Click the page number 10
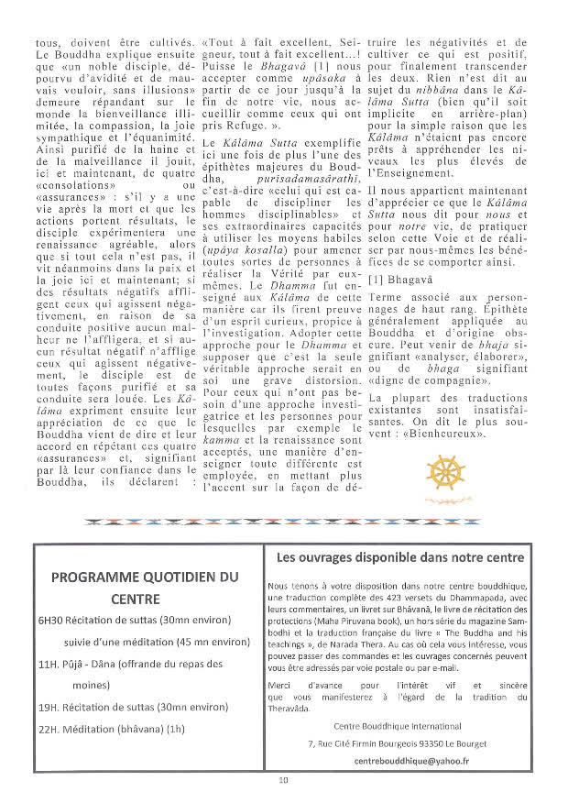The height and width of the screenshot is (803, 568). tap(284, 779)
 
